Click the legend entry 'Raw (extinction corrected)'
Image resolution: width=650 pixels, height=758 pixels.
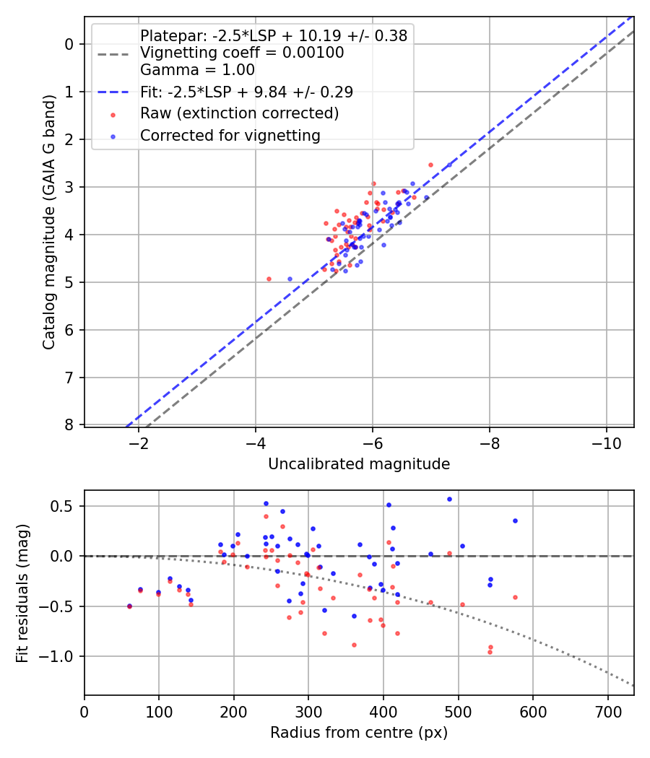239,113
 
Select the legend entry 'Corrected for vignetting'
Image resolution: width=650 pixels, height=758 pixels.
230,135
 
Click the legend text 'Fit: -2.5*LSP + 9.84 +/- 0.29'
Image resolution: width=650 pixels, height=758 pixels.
246,92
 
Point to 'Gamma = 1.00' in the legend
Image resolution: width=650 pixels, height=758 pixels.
197,70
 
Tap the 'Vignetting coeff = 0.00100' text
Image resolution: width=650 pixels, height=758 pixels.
242,53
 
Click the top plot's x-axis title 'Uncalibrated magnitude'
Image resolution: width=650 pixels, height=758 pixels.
359,464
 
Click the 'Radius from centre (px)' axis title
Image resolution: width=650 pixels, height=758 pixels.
359,733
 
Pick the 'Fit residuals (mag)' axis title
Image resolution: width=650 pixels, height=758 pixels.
22,593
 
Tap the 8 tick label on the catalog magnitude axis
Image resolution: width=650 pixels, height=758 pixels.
69,425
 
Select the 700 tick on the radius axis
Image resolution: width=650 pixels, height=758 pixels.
607,712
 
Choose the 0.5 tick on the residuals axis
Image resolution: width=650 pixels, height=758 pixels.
66,506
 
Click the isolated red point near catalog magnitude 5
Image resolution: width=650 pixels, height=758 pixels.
269,279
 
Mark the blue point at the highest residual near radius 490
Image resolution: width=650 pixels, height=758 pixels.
449,499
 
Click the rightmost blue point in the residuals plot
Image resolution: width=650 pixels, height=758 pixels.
515,520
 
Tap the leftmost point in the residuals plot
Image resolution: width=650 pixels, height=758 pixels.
129,606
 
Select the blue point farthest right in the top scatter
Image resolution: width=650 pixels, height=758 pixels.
448,165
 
